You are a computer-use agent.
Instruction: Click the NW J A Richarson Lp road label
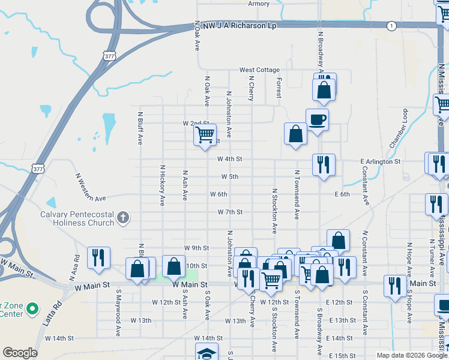235,26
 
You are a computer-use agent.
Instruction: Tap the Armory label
259,4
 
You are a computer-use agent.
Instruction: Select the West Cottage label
259,70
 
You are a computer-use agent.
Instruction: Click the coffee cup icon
317,119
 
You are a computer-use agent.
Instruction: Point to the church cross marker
123,217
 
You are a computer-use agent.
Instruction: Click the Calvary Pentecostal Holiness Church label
77,218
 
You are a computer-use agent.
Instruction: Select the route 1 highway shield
391,26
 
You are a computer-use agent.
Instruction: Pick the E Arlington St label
380,162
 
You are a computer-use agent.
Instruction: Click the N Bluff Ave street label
140,128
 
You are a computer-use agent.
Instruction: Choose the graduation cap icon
206,352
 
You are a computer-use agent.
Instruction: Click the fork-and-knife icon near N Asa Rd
98,257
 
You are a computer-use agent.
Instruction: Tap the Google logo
20,353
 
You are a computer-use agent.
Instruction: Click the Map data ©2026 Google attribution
412,355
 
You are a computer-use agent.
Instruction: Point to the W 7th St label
230,212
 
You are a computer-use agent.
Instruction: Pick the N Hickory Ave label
162,185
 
